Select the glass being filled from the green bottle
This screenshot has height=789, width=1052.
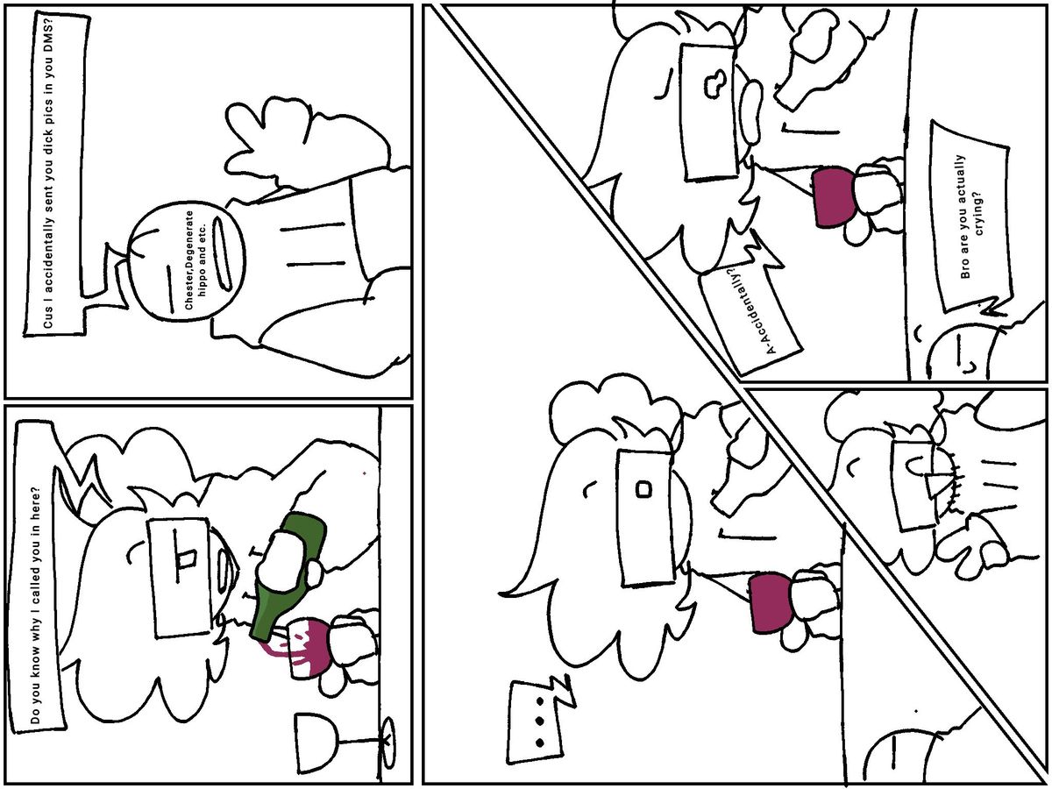(x=307, y=648)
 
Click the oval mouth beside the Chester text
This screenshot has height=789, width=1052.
(x=222, y=254)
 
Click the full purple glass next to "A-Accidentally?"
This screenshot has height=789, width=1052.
(x=834, y=197)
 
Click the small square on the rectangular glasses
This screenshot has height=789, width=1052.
(x=643, y=489)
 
